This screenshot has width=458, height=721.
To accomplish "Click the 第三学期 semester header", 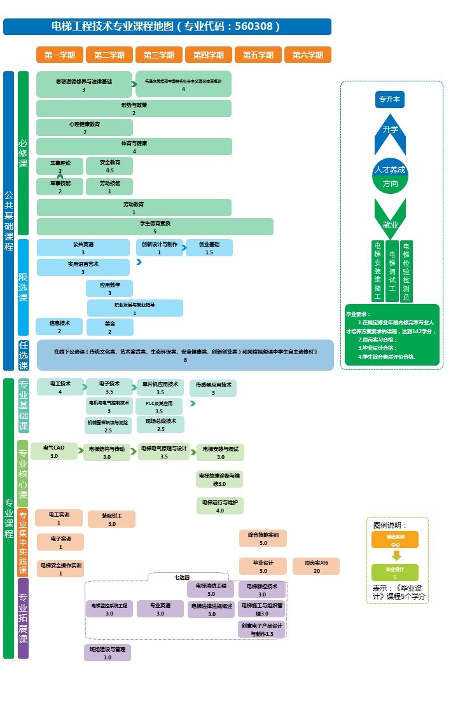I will pyautogui.click(x=159, y=55).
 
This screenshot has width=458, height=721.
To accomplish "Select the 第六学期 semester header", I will pyautogui.click(x=308, y=55).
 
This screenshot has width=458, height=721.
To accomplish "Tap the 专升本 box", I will pyautogui.click(x=389, y=99).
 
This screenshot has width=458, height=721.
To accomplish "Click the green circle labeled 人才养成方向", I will pyautogui.click(x=390, y=176).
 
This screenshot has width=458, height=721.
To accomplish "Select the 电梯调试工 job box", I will pyautogui.click(x=392, y=271).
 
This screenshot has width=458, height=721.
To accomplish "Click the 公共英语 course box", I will pyautogui.click(x=83, y=248).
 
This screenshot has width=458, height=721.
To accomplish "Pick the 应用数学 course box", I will pyautogui.click(x=109, y=289).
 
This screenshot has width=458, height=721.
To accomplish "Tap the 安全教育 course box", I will pyautogui.click(x=109, y=166).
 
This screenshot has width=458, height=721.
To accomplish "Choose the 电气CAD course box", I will pyautogui.click(x=54, y=451).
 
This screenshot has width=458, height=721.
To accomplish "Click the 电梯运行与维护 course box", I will pyautogui.click(x=220, y=506).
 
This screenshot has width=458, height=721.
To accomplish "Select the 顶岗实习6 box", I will pyautogui.click(x=316, y=566).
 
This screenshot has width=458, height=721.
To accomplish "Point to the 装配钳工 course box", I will pyautogui.click(x=112, y=519).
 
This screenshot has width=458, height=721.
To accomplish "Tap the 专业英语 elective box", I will pyautogui.click(x=160, y=609).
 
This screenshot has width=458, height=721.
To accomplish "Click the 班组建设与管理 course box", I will pyautogui.click(x=108, y=653).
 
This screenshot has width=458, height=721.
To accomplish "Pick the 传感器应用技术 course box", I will pyautogui.click(x=213, y=388).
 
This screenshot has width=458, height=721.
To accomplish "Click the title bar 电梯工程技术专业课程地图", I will pyautogui.click(x=167, y=27).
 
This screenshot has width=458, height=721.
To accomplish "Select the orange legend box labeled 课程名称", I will pyautogui.click(x=395, y=540).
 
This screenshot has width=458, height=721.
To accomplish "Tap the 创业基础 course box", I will pyautogui.click(x=209, y=248).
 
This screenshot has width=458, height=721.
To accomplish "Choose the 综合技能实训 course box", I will pyautogui.click(x=263, y=539).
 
